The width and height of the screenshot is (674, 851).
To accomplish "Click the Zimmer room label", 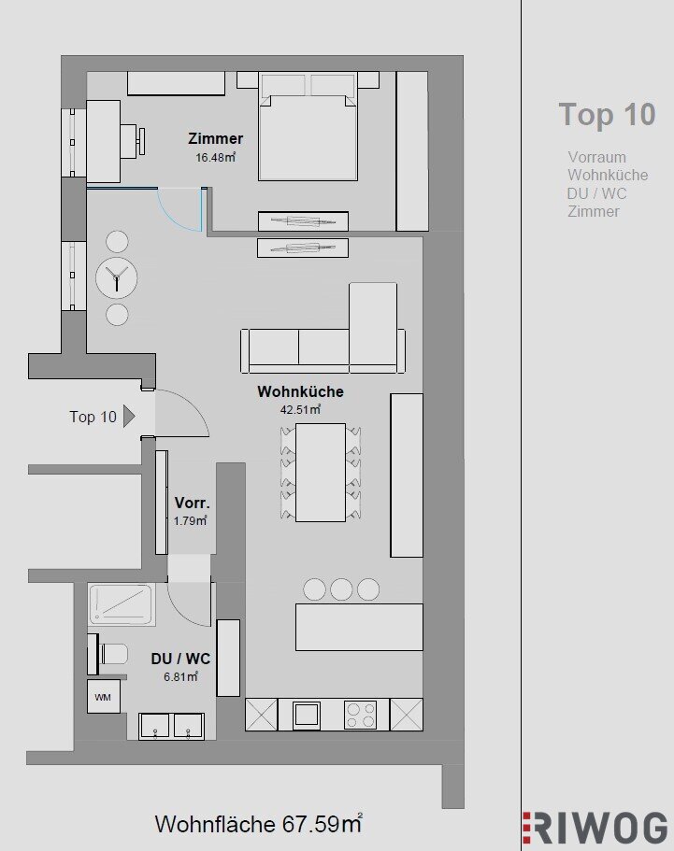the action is (x=216, y=138).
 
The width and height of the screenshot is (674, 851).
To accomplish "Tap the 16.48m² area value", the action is (x=216, y=157).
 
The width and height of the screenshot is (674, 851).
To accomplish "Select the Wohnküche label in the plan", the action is (x=300, y=391).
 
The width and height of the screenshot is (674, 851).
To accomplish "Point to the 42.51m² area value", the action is (x=300, y=409).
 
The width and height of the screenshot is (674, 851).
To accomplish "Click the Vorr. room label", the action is (x=193, y=503).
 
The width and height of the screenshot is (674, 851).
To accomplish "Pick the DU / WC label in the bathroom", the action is (x=180, y=659).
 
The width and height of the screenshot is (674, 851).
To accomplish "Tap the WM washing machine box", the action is (x=103, y=697).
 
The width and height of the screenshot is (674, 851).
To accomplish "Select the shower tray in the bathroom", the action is (x=122, y=603).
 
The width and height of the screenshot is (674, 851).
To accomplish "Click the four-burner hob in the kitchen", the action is (x=361, y=715).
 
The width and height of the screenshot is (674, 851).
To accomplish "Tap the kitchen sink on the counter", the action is (x=307, y=715).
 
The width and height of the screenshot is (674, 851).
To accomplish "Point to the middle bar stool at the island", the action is (x=341, y=589).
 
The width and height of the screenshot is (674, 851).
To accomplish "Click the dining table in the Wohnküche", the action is (x=321, y=472).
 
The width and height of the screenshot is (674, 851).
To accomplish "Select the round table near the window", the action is (x=116, y=277).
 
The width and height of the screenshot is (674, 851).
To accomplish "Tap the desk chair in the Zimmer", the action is (x=133, y=141).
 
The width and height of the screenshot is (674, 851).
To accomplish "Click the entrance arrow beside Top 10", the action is (x=129, y=417).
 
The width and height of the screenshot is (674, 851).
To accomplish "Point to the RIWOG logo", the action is (x=595, y=830).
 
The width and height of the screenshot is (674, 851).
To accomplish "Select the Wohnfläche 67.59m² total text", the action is (x=259, y=824).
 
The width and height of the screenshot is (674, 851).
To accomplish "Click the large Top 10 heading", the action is (x=608, y=115).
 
